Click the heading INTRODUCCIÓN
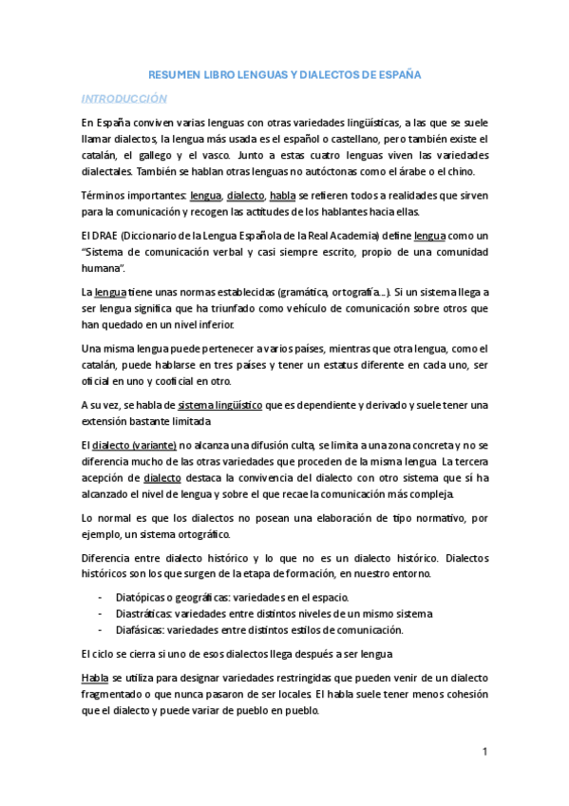pyautogui.click(x=123, y=99)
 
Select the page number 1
pyautogui.click(x=484, y=752)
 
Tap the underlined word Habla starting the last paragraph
pyautogui.click(x=94, y=678)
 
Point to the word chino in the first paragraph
pyautogui.click(x=468, y=171)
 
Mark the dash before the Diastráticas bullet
pyautogui.click(x=101, y=614)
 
